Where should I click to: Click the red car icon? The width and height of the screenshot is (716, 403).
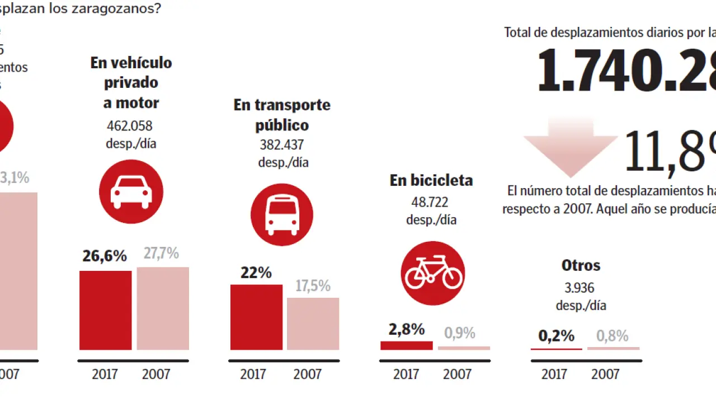[x=131, y=191]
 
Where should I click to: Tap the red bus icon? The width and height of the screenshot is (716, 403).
[x=281, y=215]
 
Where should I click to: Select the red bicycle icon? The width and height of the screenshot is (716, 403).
[x=433, y=273]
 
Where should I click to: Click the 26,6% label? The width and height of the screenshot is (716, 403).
[x=105, y=256]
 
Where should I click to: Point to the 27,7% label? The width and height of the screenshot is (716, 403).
[x=162, y=253]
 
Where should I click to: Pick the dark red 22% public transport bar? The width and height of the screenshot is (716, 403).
[x=256, y=317]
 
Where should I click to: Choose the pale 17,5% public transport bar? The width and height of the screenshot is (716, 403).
[x=313, y=324]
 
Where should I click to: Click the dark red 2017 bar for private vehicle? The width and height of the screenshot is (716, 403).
[x=105, y=310]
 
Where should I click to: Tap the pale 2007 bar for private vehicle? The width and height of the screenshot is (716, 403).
[x=163, y=308]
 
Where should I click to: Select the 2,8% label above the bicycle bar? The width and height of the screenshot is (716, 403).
[x=407, y=329]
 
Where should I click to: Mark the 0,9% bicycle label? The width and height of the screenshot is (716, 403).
[x=460, y=333]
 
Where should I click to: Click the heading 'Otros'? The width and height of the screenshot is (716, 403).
[x=581, y=265]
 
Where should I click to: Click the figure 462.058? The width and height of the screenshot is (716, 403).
[x=130, y=126]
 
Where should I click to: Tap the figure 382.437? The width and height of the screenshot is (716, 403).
[x=282, y=145]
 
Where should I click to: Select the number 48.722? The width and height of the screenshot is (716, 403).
[x=431, y=202]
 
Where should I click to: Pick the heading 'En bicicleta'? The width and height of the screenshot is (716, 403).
[x=431, y=180]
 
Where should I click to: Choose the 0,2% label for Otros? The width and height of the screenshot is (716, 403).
[x=557, y=336]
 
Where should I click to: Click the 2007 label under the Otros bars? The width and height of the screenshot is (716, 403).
[x=605, y=374]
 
